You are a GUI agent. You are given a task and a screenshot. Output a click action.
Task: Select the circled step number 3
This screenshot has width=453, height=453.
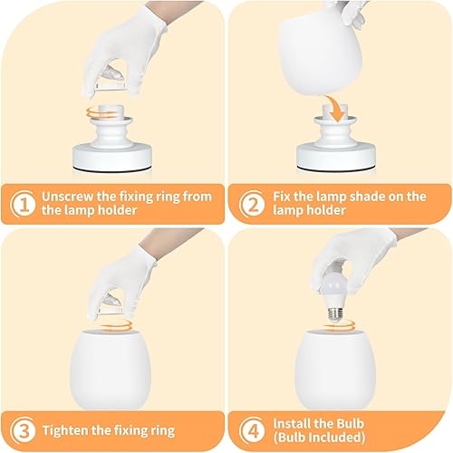(x=23, y=429)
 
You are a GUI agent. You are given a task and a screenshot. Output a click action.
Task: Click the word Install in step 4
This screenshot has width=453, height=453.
(x=294, y=422)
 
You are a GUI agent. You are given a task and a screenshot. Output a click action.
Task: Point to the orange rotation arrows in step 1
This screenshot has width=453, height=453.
(x=111, y=113)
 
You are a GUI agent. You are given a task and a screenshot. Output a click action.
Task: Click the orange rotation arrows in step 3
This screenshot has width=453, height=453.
(x=111, y=321)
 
